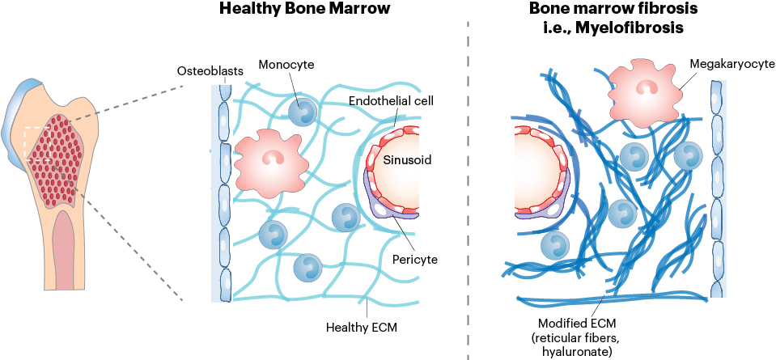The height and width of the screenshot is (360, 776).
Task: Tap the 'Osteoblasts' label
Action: coord(216,71)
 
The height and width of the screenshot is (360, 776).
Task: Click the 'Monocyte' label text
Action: coord(286,64)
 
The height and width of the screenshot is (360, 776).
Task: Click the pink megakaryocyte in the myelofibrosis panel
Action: coord(642,90)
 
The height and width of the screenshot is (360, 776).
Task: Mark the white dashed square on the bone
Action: coord(37,144)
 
